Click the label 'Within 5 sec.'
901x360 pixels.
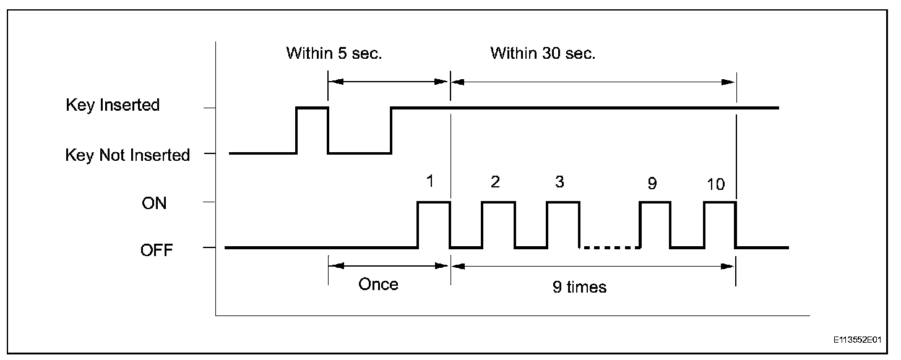tap(334, 53)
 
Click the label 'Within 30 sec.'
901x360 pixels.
tap(543, 53)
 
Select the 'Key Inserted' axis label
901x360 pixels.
tap(113, 105)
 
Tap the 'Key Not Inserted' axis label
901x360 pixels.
tap(127, 155)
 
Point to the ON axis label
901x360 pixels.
tap(154, 203)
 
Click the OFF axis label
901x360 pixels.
tap(157, 251)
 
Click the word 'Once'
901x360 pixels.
tap(378, 285)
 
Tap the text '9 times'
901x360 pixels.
tap(580, 288)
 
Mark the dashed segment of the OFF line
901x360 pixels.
tap(610, 248)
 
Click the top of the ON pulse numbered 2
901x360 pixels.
tap(498, 202)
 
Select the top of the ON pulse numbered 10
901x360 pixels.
tap(720, 202)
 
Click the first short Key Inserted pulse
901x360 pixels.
tap(313, 108)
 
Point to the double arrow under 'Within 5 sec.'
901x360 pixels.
tap(388, 80)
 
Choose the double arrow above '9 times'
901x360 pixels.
tap(593, 266)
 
